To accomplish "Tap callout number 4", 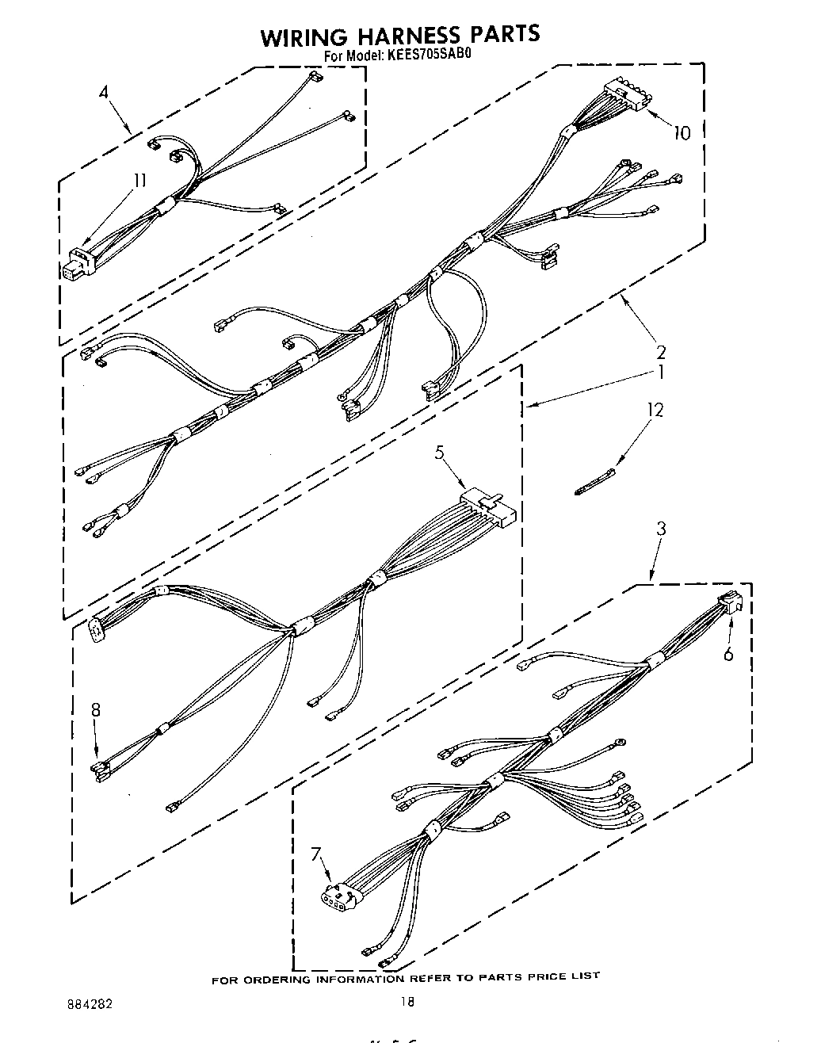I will coord(104,92).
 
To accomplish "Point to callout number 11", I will coord(139,180).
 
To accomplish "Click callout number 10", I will coord(681,133).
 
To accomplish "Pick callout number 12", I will coord(655,409).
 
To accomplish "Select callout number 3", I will coord(661,529).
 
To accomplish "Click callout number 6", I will coord(727,654).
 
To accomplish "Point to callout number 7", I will coord(317,854).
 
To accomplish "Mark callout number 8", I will coord(96,710).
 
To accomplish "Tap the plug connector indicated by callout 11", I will coord(74,264).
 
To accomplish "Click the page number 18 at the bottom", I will coord(407,1003).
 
